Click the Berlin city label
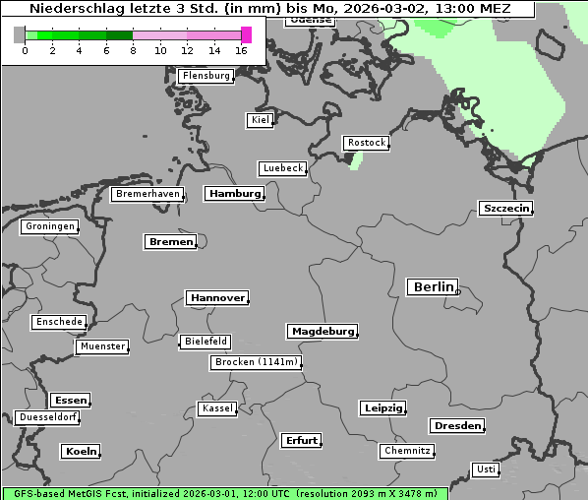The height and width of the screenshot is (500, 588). (x=433, y=287)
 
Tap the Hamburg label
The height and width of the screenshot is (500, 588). (x=234, y=194)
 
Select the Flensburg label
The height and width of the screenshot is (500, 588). (x=206, y=76)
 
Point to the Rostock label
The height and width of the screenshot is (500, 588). (x=366, y=143)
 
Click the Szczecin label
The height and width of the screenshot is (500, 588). (x=505, y=208)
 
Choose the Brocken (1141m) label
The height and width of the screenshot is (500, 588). (x=255, y=362)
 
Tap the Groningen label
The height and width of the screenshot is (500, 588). (x=49, y=226)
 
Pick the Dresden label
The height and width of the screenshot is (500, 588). (x=456, y=426)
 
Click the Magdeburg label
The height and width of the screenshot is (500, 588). (x=322, y=332)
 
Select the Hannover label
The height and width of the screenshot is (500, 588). (x=216, y=298)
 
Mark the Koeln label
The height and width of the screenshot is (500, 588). (x=81, y=452)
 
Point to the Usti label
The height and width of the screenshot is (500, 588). (x=485, y=469)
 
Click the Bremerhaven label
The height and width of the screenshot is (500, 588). (x=147, y=194)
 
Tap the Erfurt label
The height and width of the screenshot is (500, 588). (x=301, y=440)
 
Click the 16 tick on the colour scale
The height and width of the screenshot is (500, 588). (x=242, y=50)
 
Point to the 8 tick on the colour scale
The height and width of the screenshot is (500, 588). (x=133, y=50)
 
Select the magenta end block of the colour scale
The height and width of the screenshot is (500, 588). (x=246, y=34)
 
